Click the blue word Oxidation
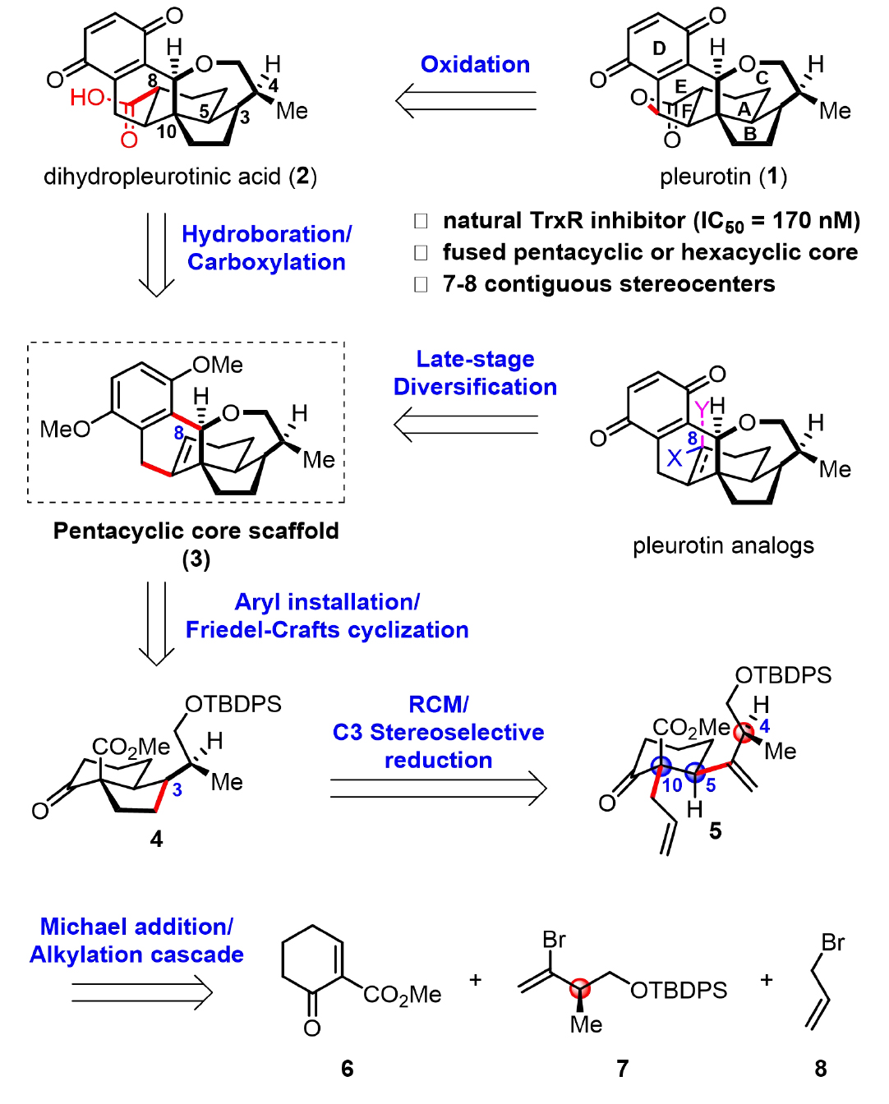tap(475, 65)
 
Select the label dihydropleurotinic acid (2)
tap(180, 177)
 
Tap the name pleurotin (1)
tap(723, 177)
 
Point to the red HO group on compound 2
tap(87, 98)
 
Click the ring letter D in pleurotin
tap(659, 48)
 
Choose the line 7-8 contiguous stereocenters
tap(608, 284)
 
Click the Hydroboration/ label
tap(266, 234)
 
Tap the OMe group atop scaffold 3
tap(217, 365)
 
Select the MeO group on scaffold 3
tap(65, 429)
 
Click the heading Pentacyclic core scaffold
tap(196, 531)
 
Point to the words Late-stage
tap(475, 359)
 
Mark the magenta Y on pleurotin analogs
tap(701, 407)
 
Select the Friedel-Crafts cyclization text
tap(327, 630)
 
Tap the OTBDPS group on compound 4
tap(233, 704)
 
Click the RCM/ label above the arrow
tap(438, 704)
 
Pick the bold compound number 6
tap(347, 1068)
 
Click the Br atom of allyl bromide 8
tap(832, 942)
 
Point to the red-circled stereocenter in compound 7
tap(580, 986)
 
